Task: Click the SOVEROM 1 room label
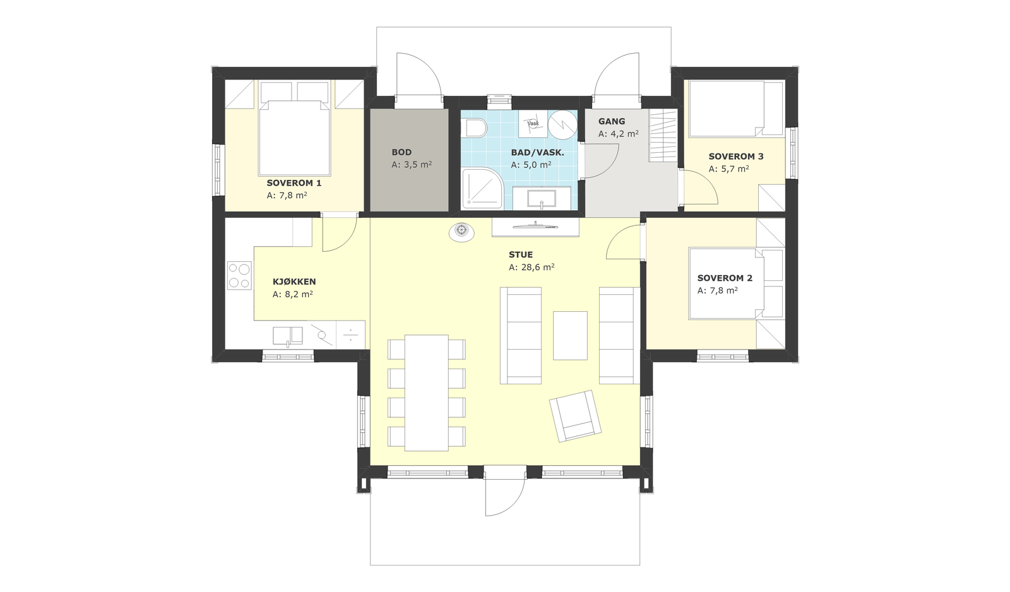(x=294, y=183)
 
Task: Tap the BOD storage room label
(x=401, y=152)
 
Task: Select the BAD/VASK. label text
(x=537, y=153)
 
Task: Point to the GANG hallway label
(x=612, y=121)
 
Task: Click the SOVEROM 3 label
(x=736, y=157)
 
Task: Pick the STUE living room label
(x=521, y=255)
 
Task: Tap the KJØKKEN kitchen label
(x=294, y=281)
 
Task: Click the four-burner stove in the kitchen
(x=239, y=275)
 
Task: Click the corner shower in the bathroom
(x=482, y=189)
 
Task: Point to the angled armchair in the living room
(x=575, y=416)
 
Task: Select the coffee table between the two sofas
(x=571, y=336)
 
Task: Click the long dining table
(x=427, y=393)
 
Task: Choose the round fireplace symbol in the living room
(x=461, y=231)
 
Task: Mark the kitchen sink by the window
(x=288, y=336)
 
